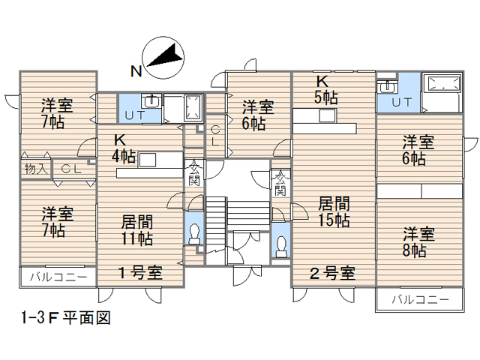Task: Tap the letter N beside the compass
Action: coord(136,72)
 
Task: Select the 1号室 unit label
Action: coord(140,272)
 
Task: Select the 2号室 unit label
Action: coord(333,272)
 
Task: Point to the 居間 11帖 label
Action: coord(138,230)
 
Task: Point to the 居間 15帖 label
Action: coord(333,211)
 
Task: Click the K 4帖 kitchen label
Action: coord(124,148)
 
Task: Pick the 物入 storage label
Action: coord(34,169)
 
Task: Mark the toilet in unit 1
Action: coord(194,233)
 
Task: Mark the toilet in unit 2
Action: coord(281,244)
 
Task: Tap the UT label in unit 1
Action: coord(134,115)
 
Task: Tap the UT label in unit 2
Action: coord(401,102)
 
